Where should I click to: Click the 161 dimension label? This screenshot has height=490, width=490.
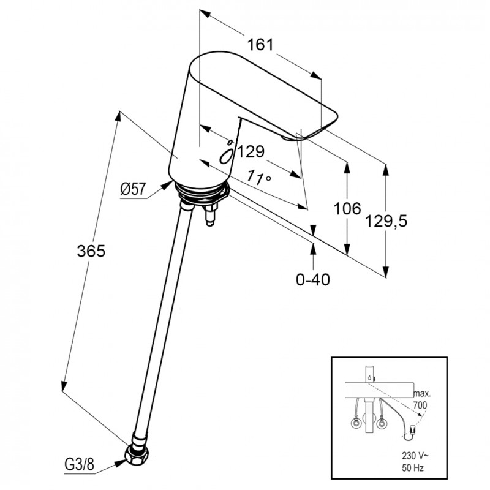[260, 45]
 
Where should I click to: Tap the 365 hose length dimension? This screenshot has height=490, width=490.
[91, 251]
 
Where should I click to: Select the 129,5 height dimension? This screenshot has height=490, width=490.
[386, 222]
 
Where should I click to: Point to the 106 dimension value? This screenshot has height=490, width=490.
[347, 208]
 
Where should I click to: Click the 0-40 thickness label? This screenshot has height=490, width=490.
[313, 279]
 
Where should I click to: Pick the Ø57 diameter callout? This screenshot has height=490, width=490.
[133, 189]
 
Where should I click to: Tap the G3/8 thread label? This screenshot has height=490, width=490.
[79, 465]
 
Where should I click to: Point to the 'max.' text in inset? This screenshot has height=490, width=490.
[422, 394]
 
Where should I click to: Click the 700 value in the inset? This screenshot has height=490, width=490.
[420, 405]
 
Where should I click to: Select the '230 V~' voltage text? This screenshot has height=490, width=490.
[415, 456]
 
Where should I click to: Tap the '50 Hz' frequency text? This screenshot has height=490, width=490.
[412, 468]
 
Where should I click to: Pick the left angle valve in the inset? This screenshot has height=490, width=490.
[356, 424]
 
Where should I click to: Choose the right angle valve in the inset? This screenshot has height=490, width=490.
[382, 424]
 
